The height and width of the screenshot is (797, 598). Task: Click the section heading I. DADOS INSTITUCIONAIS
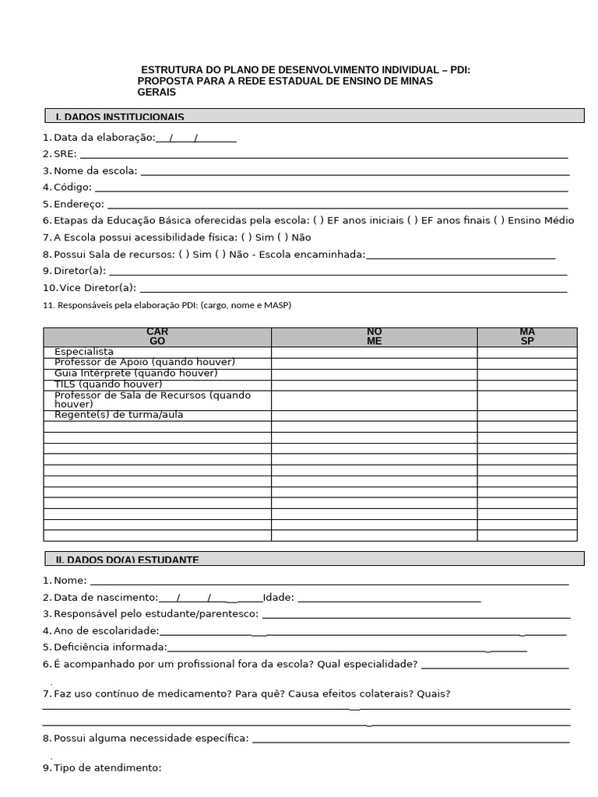120,117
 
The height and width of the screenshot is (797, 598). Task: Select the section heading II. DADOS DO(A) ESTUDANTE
127,560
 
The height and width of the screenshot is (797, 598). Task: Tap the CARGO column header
157,337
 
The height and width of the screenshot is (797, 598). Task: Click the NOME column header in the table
374,337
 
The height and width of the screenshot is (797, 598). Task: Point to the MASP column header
527,337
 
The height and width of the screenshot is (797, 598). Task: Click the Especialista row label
84,353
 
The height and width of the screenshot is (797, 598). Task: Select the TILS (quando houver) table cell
108,384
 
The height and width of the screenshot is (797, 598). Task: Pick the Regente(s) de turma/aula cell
118,416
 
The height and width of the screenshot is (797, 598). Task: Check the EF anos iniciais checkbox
318,220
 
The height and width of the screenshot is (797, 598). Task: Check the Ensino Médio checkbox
498,220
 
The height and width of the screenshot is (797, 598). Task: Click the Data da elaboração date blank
195,138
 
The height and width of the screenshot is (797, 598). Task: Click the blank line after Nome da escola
354,171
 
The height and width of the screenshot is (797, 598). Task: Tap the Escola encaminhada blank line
460,255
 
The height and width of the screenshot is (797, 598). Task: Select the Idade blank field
389,598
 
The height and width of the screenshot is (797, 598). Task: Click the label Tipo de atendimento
107,768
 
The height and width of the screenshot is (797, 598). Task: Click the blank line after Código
331,188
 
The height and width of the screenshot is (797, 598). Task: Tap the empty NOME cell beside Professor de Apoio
374,363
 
